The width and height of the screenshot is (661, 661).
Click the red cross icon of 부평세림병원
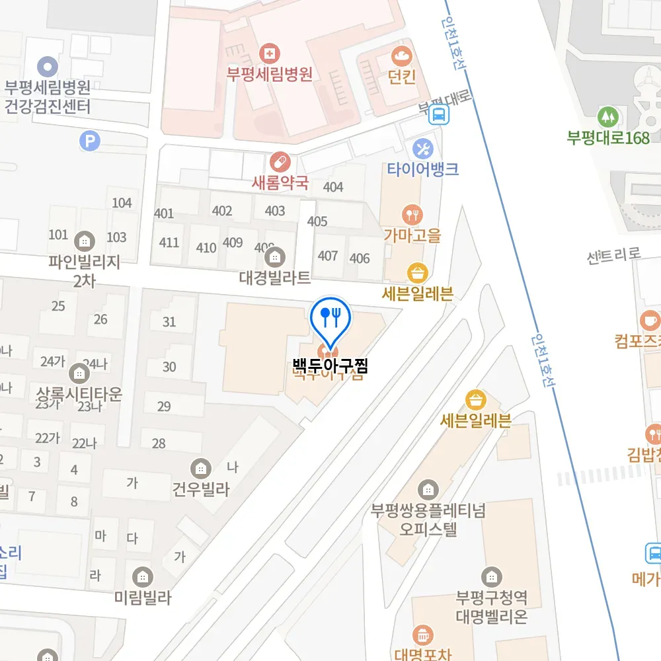click(269, 53)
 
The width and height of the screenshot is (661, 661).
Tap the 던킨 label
click(402, 77)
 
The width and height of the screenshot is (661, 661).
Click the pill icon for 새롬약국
click(280, 161)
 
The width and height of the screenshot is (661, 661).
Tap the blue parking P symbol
click(88, 140)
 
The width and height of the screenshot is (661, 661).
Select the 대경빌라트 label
click(275, 278)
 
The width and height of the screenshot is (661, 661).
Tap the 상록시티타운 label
click(79, 395)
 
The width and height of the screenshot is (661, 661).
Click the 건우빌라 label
click(200, 490)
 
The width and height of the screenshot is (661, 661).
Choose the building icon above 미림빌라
click(142, 576)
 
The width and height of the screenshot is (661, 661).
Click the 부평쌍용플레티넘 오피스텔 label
click(428, 520)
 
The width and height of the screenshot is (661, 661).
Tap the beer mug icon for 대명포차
click(422, 636)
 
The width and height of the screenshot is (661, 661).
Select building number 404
click(333, 187)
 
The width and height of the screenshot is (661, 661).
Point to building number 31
click(169, 322)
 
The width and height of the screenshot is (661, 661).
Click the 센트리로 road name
click(614, 254)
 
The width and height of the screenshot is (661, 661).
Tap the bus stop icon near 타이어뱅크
click(439, 116)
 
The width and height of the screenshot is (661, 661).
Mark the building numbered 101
click(58, 235)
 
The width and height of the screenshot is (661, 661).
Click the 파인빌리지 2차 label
click(85, 271)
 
